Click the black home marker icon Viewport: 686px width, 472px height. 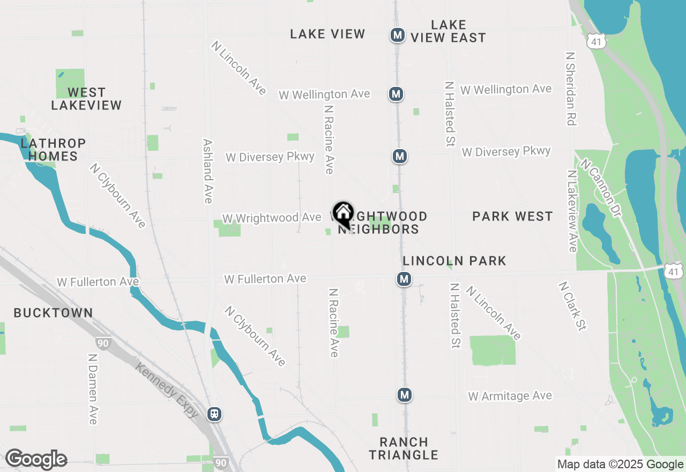[x=343, y=213]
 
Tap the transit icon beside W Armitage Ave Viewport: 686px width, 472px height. [x=404, y=395]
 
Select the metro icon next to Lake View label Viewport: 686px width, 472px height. [x=397, y=35]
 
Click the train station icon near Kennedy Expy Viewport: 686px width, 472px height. [x=214, y=414]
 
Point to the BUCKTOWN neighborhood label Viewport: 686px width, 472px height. [x=53, y=313]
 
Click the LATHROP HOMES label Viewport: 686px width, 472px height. [x=53, y=150]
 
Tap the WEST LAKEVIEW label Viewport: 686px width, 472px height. [x=86, y=99]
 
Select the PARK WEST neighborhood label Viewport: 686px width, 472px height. [x=512, y=216]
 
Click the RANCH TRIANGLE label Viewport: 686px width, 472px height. [x=404, y=448]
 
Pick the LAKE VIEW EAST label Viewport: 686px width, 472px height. [x=448, y=31]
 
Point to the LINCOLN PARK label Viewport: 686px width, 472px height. [x=454, y=261]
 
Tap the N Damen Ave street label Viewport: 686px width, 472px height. [x=92, y=388]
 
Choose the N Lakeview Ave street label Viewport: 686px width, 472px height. [x=572, y=211]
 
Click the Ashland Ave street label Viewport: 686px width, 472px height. [x=208, y=171]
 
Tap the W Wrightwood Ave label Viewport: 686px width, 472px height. [x=271, y=218]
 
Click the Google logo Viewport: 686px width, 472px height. [x=36, y=460]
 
